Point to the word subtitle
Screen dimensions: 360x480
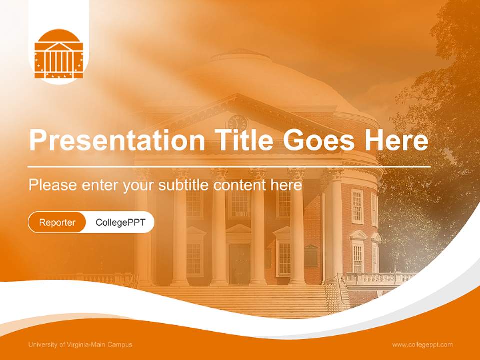pos(184,185)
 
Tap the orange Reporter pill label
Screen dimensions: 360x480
pos(57,222)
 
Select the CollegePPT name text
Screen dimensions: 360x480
pos(120,222)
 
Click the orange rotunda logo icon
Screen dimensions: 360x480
pos(58,55)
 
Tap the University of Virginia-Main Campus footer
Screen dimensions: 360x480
pos(80,345)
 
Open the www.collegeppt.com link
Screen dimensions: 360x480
pos(422,345)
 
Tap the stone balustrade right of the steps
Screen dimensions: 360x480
pos(380,278)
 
